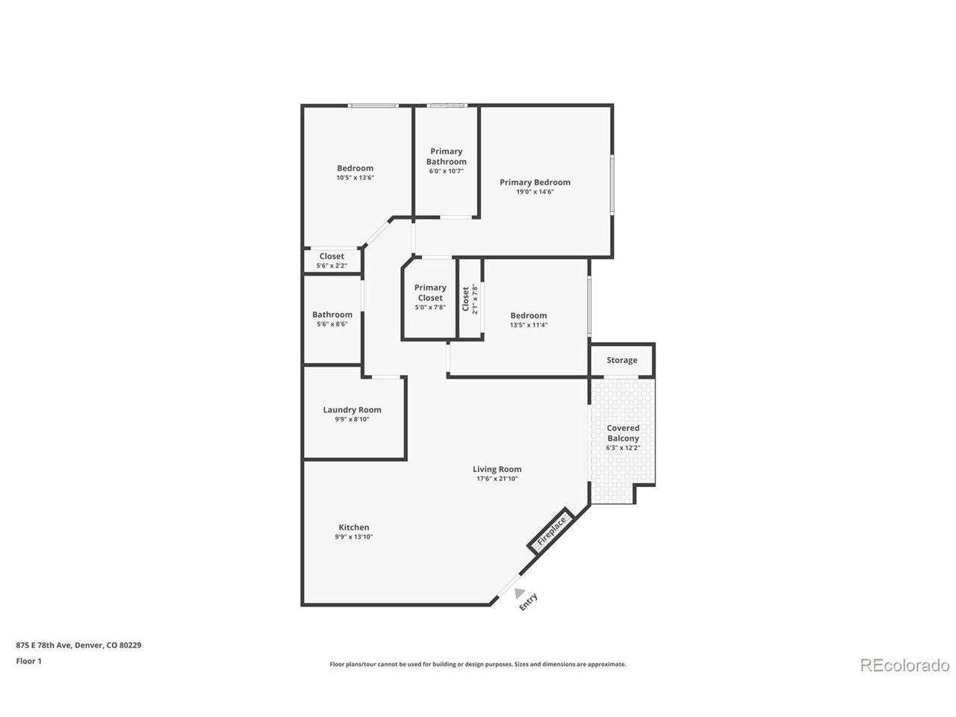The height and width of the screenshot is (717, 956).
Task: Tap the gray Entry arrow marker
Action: pyautogui.click(x=519, y=593)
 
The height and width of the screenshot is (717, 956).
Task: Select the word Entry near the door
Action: pyautogui.click(x=528, y=602)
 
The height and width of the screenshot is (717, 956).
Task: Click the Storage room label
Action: pyautogui.click(x=621, y=360)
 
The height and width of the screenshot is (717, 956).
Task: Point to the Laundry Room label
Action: pyautogui.click(x=352, y=409)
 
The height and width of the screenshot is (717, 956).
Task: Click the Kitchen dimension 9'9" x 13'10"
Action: pyautogui.click(x=354, y=537)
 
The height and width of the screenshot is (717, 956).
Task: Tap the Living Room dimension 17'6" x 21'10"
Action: pyautogui.click(x=497, y=479)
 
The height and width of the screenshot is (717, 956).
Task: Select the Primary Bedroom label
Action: pyautogui.click(x=535, y=182)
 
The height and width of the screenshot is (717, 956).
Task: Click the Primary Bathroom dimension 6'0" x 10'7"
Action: pyautogui.click(x=446, y=171)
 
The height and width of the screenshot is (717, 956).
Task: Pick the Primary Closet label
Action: pyautogui.click(x=430, y=293)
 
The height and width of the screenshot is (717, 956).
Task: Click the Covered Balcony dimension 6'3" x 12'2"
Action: pyautogui.click(x=623, y=447)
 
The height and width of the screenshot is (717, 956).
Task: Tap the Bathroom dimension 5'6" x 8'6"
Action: pyautogui.click(x=332, y=324)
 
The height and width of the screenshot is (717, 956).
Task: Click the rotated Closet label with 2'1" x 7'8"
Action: pyautogui.click(x=470, y=299)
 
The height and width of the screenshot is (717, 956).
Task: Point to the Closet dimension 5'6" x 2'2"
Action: pyautogui.click(x=332, y=266)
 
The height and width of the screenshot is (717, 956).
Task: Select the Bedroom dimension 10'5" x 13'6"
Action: pyautogui.click(x=355, y=178)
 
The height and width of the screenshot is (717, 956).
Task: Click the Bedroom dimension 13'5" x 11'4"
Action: pyautogui.click(x=528, y=325)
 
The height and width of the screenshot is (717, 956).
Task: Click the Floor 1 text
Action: pyautogui.click(x=28, y=661)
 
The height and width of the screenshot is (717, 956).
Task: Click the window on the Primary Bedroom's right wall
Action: pyautogui.click(x=612, y=184)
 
